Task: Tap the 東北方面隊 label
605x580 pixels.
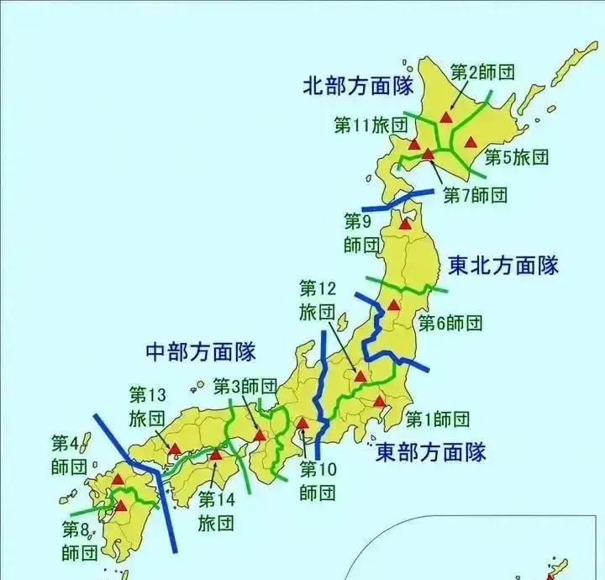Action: [502, 266]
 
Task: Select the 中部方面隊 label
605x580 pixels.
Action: [201, 350]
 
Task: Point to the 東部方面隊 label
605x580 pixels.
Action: [430, 452]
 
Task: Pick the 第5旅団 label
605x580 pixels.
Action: [517, 156]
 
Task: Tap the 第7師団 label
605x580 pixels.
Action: [475, 196]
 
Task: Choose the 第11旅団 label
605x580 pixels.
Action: [371, 125]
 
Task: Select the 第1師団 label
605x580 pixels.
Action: [437, 419]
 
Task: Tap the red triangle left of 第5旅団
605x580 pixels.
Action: [471, 142]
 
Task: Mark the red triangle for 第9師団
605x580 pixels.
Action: [406, 224]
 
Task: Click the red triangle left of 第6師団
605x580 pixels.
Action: [393, 304]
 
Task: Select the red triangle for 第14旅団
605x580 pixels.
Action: [216, 456]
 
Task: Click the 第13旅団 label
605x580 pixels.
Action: [148, 405]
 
